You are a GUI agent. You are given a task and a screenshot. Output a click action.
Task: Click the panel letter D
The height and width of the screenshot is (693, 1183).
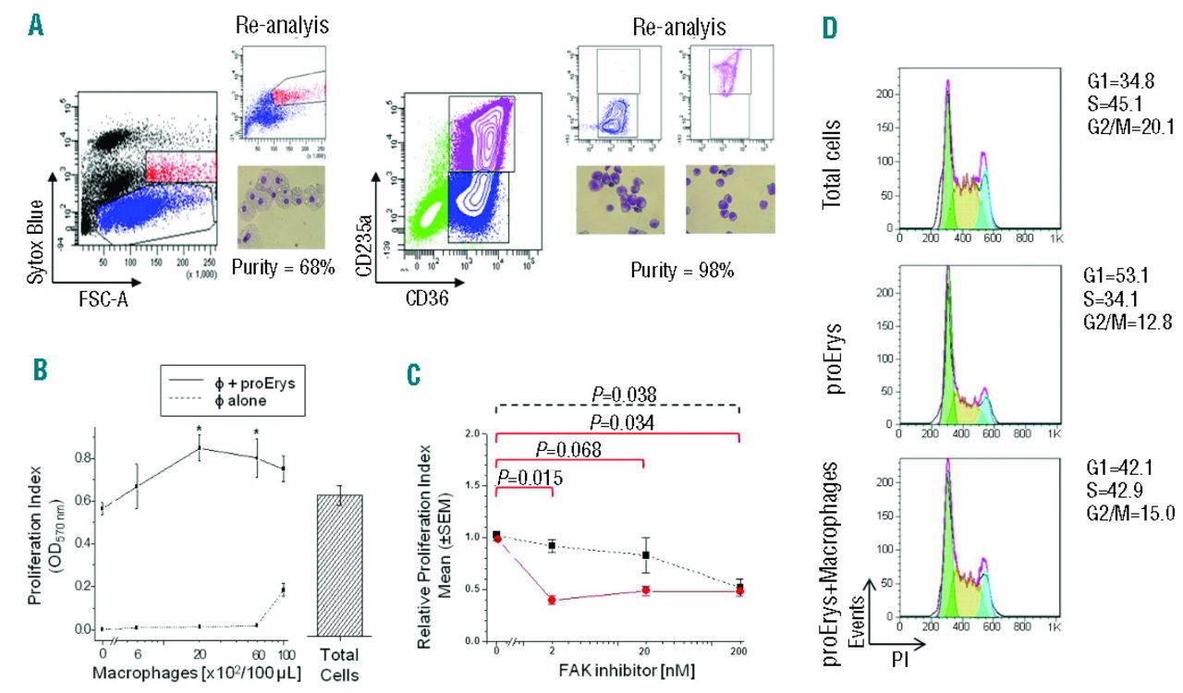coord(831,29)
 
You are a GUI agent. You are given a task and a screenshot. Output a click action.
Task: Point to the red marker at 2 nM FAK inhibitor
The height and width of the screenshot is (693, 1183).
coord(553,600)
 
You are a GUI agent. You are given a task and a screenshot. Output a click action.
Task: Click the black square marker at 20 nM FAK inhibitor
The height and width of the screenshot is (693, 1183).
coord(644,555)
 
